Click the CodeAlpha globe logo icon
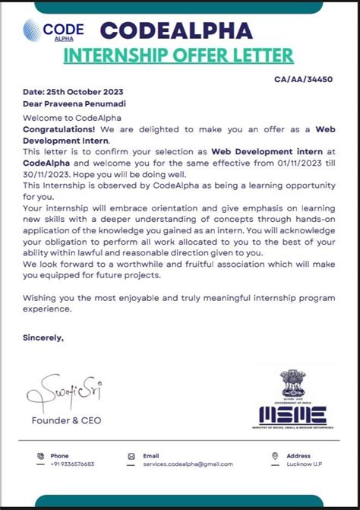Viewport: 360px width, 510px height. [x=33, y=30]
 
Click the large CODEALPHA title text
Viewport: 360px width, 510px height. [x=176, y=31]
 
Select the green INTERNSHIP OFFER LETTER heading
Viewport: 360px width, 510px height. [x=177, y=55]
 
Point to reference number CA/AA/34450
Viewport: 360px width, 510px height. [x=303, y=79]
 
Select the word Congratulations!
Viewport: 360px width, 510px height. [x=55, y=130]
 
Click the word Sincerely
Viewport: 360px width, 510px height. [x=43, y=337]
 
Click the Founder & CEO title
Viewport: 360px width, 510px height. [x=66, y=420]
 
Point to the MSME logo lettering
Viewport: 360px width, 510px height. [x=293, y=414]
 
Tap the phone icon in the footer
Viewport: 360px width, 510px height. [x=39, y=456]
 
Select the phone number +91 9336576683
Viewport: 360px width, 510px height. [x=73, y=464]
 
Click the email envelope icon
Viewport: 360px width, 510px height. [x=132, y=456]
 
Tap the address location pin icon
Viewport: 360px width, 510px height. [x=275, y=456]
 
